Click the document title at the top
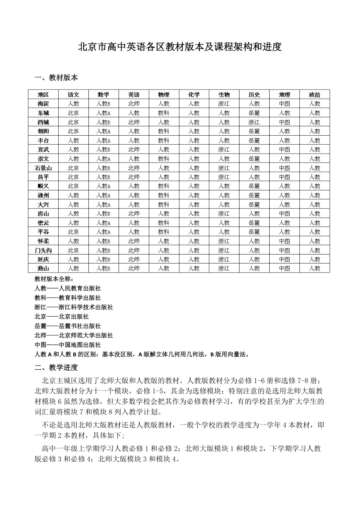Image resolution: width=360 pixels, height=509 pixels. coord(180,47)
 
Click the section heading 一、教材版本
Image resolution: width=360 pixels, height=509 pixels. coord(56,77)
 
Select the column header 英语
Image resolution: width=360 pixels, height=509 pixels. coord(134,95)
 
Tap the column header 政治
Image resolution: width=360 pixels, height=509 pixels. coord(315,95)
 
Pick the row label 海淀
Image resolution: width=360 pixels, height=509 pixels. coord(43,104)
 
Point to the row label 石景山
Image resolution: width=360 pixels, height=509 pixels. coord(43,168)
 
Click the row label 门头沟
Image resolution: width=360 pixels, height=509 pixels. coord(43,251)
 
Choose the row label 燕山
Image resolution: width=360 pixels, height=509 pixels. coord(43,269)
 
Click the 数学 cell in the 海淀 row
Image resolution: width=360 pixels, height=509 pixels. coord(104,104)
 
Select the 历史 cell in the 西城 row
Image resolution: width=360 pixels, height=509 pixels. coord(254,122)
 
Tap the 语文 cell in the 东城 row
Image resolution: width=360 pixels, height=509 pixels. coord(73,113)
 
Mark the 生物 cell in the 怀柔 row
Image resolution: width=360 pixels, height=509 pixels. coord(224,241)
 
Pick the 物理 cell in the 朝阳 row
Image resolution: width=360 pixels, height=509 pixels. coord(164,131)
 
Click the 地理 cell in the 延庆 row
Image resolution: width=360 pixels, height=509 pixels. coord(284,260)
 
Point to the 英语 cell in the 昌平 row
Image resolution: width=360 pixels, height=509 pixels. coord(134,177)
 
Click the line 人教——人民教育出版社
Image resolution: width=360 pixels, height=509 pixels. coord(68,289)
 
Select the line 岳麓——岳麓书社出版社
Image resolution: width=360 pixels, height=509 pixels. coord(68,326)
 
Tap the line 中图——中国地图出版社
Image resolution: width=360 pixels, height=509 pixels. coord(68,345)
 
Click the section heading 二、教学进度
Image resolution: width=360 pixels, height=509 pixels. coord(56,367)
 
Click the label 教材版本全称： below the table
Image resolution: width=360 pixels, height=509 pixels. coord(54,279)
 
